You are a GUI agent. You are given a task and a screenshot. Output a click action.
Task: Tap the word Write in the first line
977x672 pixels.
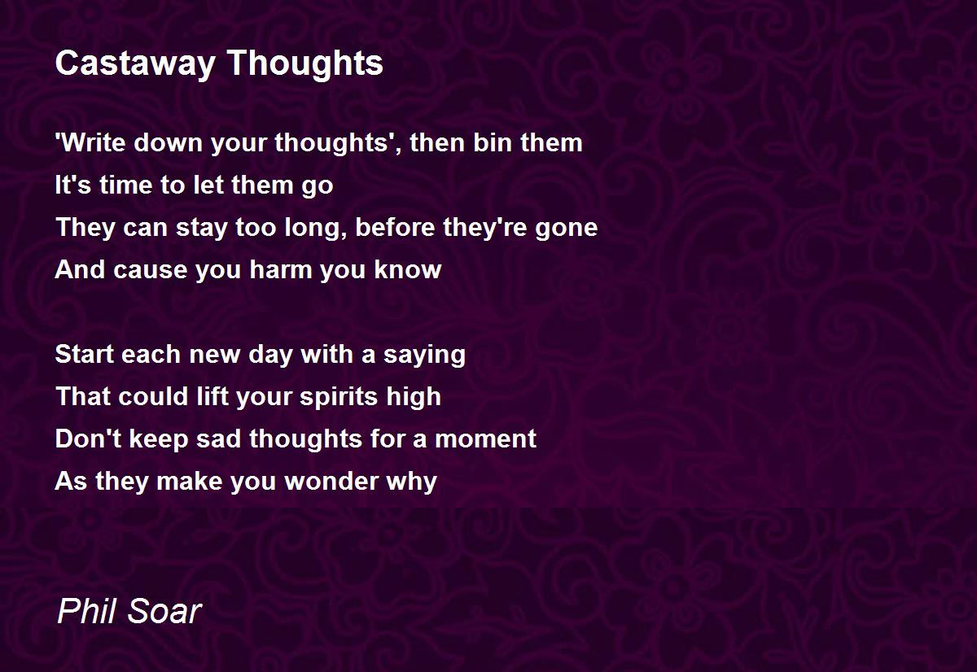(91, 142)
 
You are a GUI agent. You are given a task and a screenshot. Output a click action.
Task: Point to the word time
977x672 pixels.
(125, 185)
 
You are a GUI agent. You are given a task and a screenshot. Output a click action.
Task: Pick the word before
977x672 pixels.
(395, 227)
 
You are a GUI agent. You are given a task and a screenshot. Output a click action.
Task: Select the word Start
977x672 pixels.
(85, 354)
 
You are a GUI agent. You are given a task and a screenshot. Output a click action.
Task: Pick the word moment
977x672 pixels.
(485, 439)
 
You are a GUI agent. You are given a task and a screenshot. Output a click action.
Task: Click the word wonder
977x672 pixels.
(328, 481)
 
